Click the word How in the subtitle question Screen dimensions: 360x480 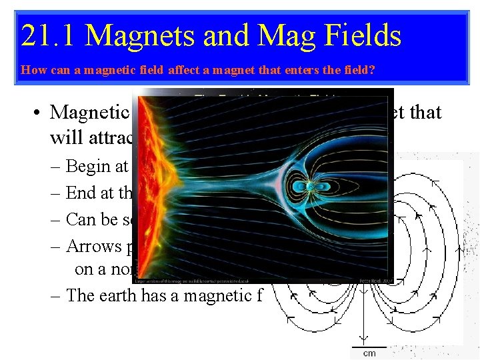[30, 69]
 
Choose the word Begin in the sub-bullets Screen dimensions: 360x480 [88, 166]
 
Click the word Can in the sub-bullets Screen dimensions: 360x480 [81, 219]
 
